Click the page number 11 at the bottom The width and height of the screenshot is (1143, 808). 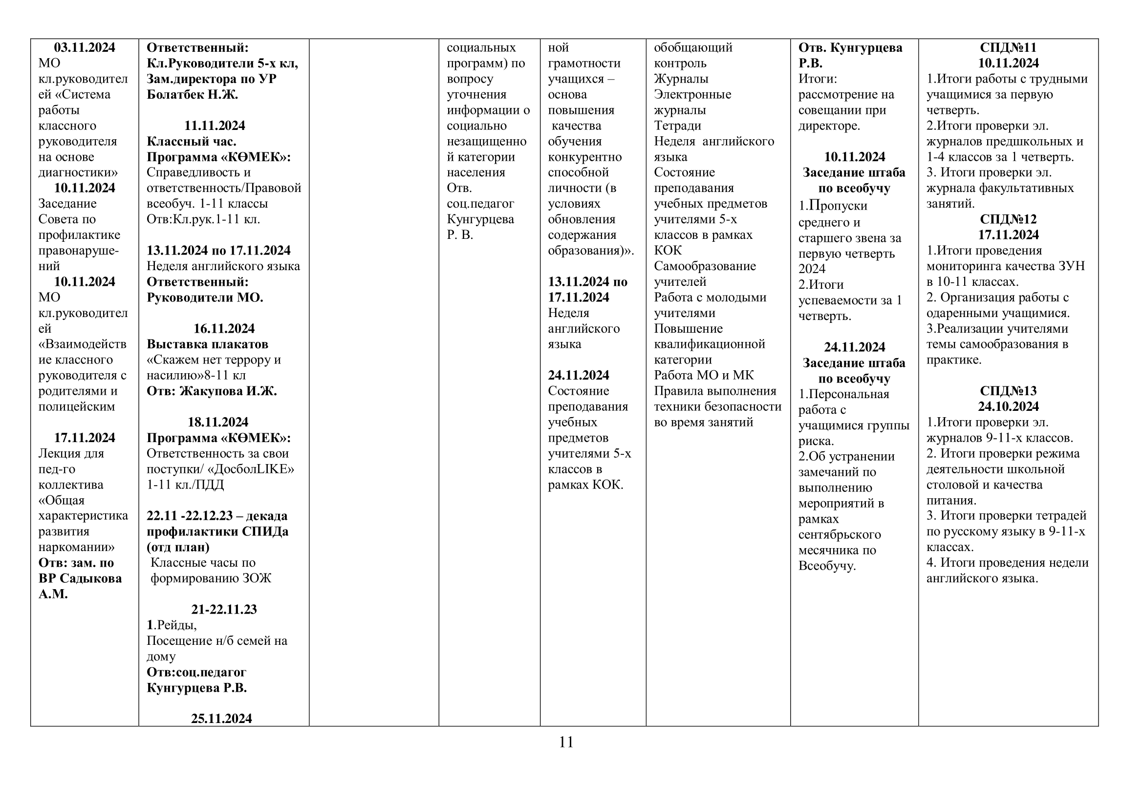point(566,743)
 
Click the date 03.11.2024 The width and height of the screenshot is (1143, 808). point(84,48)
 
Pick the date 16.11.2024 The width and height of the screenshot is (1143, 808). point(223,329)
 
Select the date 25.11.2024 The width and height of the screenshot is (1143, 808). point(221,719)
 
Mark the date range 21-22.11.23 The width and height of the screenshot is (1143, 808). point(223,610)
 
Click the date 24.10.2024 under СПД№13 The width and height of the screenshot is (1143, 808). point(1008,406)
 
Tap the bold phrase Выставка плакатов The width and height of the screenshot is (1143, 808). point(207,344)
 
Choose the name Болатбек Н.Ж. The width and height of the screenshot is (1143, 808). point(192,95)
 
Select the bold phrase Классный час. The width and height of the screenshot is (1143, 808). point(191,141)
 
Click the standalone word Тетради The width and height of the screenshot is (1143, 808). point(677,126)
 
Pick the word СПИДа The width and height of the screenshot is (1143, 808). point(265,532)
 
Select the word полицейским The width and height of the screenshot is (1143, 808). point(77,406)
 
